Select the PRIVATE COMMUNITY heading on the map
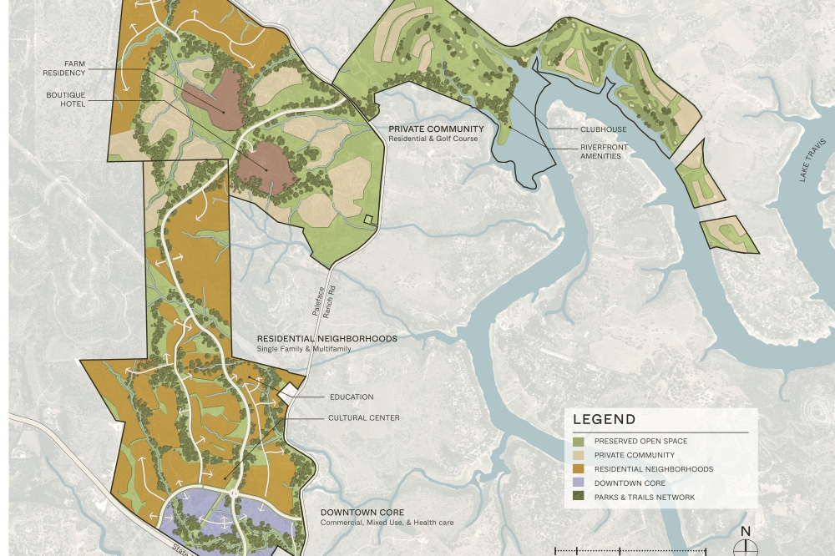[436, 129]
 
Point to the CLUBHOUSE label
[604, 129]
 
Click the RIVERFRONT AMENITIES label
[604, 152]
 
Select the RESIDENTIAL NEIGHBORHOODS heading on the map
[326, 339]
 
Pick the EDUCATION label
[352, 397]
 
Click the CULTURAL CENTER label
[363, 418]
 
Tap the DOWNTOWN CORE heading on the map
[362, 513]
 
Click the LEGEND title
[604, 420]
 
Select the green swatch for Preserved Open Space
[579, 442]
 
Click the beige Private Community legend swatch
[579, 456]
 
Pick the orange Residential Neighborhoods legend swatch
[579, 469]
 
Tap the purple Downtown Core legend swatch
[579, 483]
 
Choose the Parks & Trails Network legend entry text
[644, 498]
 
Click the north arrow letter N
[746, 532]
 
